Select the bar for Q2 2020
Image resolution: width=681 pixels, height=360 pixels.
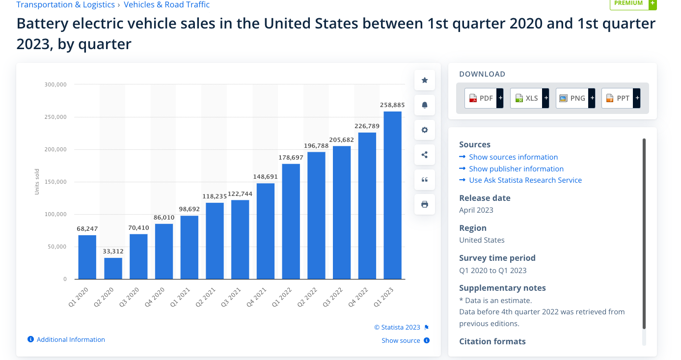pyautogui.click(x=113, y=268)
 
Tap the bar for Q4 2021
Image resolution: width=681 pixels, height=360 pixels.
pyautogui.click(x=266, y=231)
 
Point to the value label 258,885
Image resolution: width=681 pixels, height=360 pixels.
pyautogui.click(x=392, y=105)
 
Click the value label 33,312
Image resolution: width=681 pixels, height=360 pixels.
pyautogui.click(x=113, y=251)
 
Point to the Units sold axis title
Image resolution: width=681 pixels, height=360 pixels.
pyautogui.click(x=37, y=182)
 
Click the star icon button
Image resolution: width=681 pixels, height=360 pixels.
pyautogui.click(x=425, y=80)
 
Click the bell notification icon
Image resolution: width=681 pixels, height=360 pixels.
pyautogui.click(x=425, y=105)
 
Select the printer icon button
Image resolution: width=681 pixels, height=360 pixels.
pyautogui.click(x=425, y=204)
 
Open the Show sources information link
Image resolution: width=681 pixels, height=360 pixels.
pyautogui.click(x=513, y=157)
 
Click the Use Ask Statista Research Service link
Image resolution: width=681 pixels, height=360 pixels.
pyautogui.click(x=525, y=180)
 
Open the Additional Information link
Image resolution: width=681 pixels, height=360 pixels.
pyautogui.click(x=71, y=339)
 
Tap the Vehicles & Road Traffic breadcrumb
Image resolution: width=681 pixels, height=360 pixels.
pyautogui.click(x=166, y=5)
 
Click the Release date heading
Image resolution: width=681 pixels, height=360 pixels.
pyautogui.click(x=485, y=198)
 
